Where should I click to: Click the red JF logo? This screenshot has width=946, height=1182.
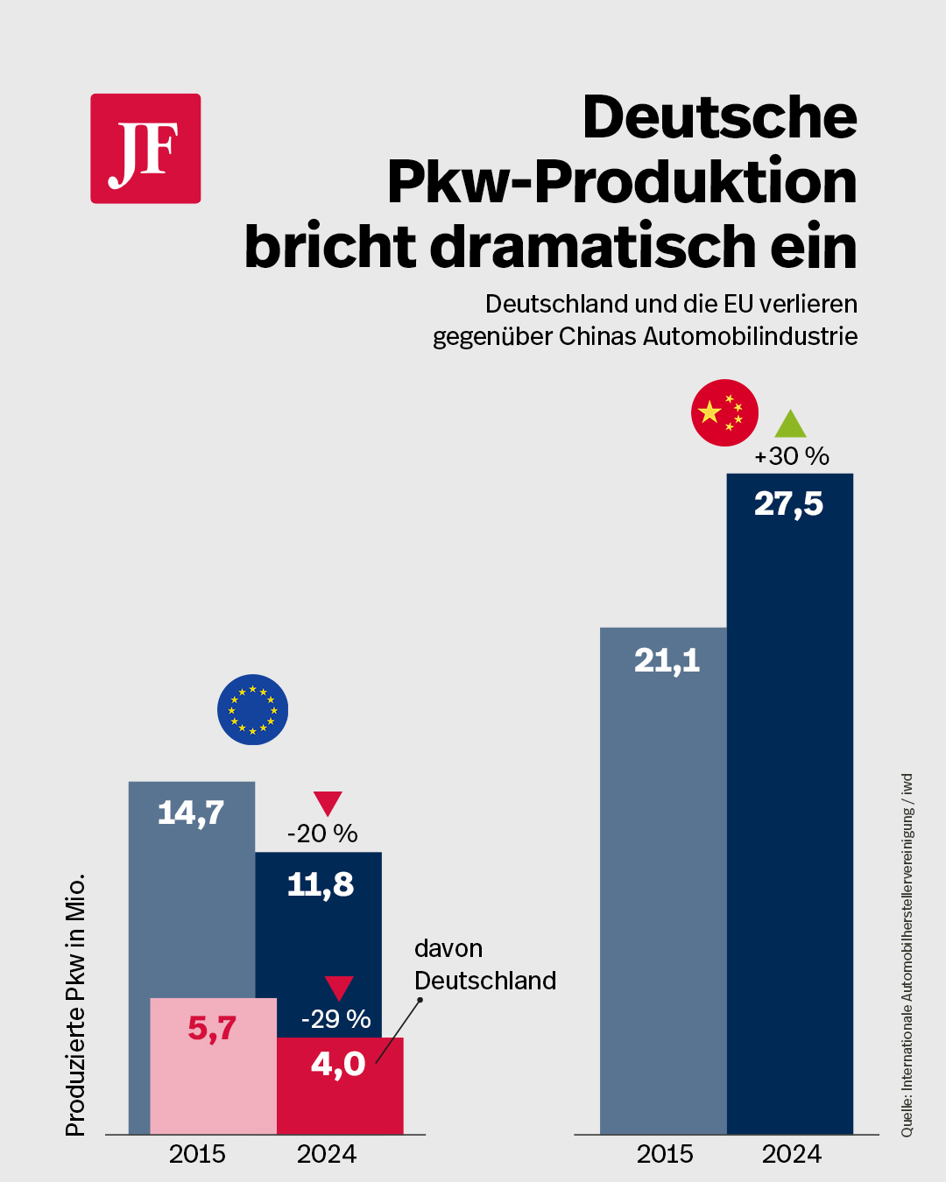tap(145, 149)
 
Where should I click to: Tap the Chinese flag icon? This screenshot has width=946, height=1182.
tap(724, 412)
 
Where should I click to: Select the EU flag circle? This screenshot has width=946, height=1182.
tap(252, 709)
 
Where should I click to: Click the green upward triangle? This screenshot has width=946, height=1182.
tap(790, 426)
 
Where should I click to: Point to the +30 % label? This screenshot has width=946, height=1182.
tap(792, 456)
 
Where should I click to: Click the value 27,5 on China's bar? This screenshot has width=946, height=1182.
tap(788, 504)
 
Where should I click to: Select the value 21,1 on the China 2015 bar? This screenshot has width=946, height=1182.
tap(667, 660)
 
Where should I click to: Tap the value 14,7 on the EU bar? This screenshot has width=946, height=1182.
tap(191, 813)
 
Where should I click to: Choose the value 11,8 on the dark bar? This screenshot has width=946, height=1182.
tap(321, 885)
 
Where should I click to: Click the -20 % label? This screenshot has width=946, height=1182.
tap(322, 834)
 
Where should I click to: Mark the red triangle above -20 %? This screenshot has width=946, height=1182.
tap(328, 803)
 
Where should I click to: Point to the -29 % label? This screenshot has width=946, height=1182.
tap(335, 1019)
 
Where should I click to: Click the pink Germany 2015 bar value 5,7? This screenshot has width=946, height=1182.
tap(212, 1028)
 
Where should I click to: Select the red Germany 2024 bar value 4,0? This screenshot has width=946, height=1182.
tap(338, 1065)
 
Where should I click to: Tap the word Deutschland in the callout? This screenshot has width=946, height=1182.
tap(485, 981)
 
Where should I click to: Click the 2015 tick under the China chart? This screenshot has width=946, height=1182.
tap(665, 1154)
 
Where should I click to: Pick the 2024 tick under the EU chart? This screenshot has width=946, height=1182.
tap(327, 1154)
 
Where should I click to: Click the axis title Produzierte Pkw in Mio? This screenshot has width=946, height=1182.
tap(76, 1004)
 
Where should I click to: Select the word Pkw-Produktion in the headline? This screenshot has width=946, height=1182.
tap(622, 182)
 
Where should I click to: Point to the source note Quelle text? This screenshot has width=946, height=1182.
tap(907, 955)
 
